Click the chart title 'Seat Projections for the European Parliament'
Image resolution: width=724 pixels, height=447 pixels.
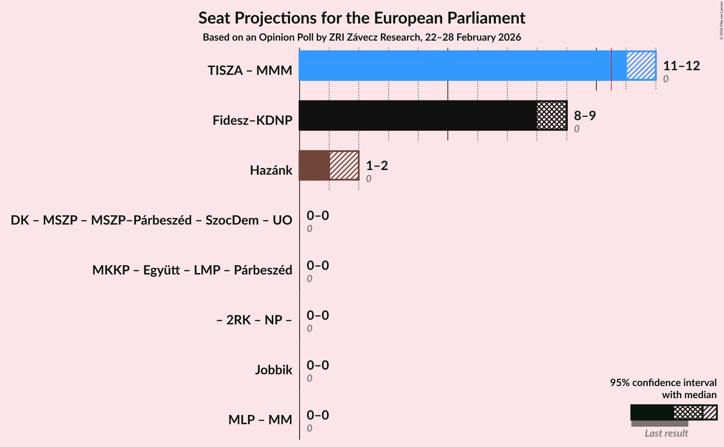362,18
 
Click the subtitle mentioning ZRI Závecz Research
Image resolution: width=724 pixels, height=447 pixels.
362,37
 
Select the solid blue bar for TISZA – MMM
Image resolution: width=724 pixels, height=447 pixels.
460,66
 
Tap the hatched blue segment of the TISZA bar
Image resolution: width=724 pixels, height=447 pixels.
641,66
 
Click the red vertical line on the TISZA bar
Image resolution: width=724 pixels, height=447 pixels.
611,68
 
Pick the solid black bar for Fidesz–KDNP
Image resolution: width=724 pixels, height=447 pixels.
417,115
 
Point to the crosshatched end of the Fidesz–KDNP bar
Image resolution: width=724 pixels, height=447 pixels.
552,115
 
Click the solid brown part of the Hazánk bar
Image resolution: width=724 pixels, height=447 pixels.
314,165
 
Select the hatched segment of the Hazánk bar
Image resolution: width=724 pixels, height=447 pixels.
344,165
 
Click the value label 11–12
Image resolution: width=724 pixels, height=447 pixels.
681,66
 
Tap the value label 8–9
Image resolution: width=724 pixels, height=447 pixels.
585,116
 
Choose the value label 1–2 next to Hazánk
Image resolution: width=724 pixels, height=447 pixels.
377,166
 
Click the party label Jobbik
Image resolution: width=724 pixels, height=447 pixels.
273,370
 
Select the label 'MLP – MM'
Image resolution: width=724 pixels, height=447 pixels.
260,420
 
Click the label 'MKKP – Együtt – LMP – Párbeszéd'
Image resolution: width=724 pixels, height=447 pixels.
192,270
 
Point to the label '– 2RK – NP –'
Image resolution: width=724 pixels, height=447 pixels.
254,320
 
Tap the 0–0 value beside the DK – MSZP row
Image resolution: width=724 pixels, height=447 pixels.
317,216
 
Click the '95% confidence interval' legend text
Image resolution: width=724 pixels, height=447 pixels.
663,383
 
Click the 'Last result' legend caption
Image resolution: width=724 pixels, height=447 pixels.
666,433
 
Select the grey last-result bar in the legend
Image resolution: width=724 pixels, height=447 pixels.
660,424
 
